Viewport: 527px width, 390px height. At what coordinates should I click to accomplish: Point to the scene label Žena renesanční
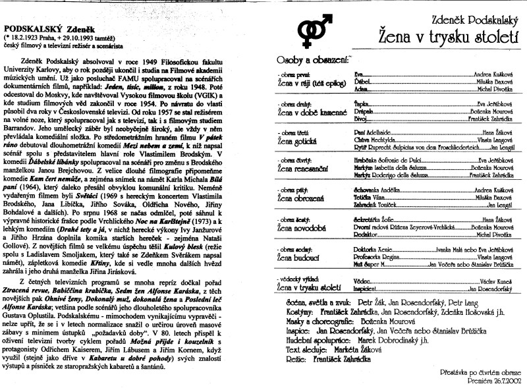coord(308,169)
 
